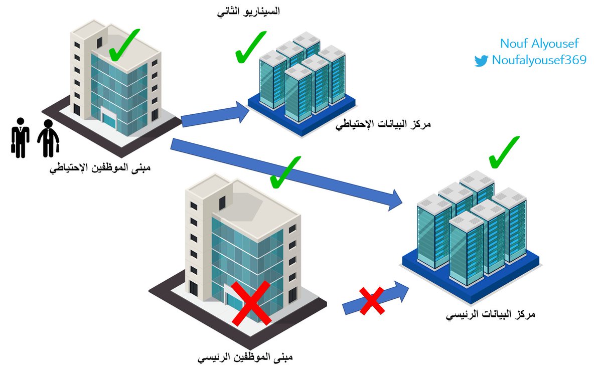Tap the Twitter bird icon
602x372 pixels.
click(x=481, y=61)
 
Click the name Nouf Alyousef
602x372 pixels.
click(x=532, y=43)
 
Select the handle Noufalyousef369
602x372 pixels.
click(x=539, y=61)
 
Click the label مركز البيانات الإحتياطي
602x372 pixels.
click(x=384, y=123)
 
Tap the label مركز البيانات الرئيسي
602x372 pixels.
click(x=491, y=315)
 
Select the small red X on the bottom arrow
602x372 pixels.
click(x=372, y=300)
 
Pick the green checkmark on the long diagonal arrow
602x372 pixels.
click(x=284, y=171)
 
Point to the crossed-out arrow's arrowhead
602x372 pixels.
click(x=400, y=291)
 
